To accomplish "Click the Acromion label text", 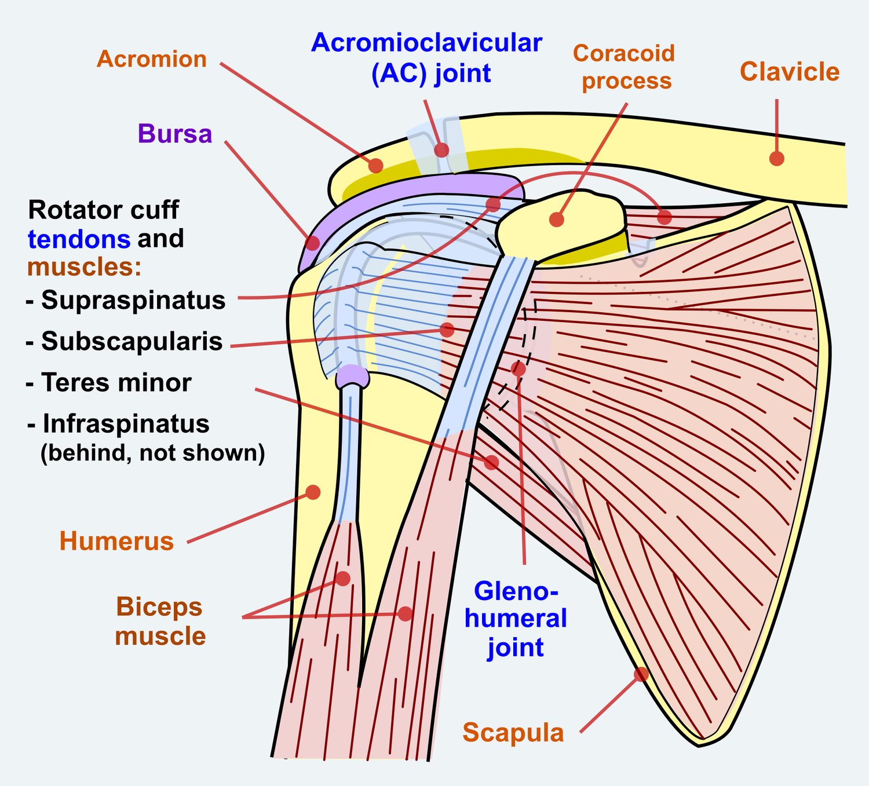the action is [152, 59].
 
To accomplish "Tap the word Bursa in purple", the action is [175, 133].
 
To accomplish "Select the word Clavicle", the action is [789, 71].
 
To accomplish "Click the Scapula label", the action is [513, 733].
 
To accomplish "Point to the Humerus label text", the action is [116, 541].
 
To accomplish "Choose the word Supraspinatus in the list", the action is [133, 300].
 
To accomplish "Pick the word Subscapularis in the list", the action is [132, 341].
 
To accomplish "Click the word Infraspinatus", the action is [126, 424].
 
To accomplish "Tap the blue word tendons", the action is [79, 239].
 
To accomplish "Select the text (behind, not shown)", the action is [152, 453].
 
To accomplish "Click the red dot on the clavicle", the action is [777, 158].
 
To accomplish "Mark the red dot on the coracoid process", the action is [557, 220].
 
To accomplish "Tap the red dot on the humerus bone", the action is [313, 492].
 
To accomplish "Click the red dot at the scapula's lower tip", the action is [641, 674].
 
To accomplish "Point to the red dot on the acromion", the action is [376, 166].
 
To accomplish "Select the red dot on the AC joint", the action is [441, 150].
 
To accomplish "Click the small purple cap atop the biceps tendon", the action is [352, 376].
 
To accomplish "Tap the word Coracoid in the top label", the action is [624, 53].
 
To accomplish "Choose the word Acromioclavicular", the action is [427, 43].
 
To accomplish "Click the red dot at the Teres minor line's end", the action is [491, 462].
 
